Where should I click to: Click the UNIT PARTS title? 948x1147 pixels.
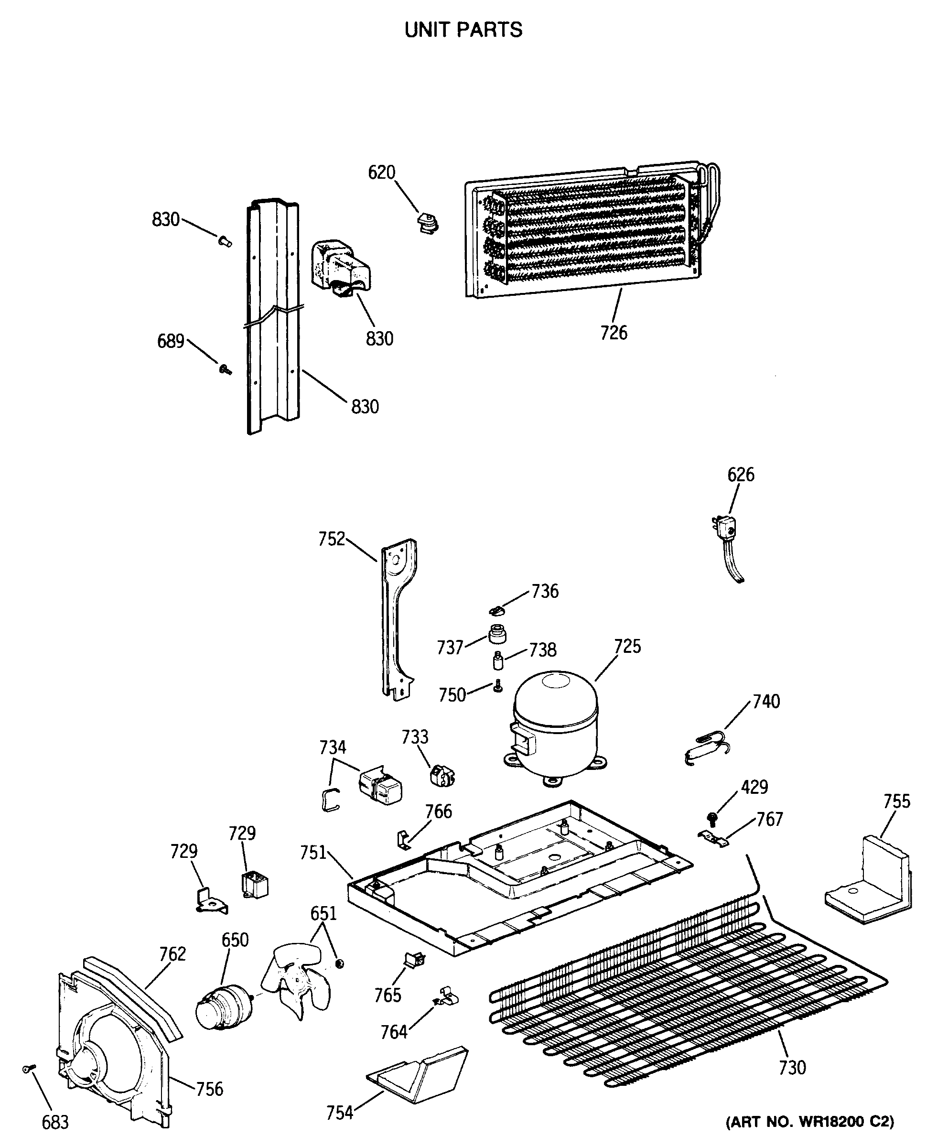click(x=463, y=30)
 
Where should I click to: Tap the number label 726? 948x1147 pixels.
click(x=614, y=333)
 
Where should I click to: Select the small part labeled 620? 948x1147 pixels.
click(x=428, y=223)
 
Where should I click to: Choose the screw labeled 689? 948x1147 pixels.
click(x=225, y=369)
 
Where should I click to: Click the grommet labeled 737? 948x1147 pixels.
click(x=497, y=635)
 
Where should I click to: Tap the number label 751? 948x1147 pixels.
click(x=313, y=852)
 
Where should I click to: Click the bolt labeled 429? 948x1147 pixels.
click(x=711, y=817)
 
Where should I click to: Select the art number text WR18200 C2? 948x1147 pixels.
click(x=809, y=1123)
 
